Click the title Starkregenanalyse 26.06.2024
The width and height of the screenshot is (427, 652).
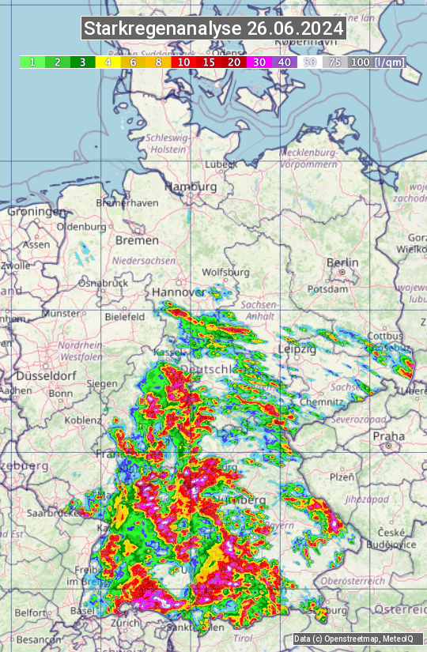(213, 29)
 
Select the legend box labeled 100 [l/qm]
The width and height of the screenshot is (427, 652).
(376, 62)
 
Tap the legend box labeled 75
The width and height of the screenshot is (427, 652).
(335, 62)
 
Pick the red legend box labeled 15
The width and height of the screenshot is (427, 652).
(209, 62)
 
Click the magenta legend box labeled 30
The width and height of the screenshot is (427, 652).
(259, 62)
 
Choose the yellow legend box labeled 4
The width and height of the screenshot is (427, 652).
(108, 62)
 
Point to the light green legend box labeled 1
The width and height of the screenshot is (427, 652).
(32, 62)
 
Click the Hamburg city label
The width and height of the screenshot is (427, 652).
(191, 187)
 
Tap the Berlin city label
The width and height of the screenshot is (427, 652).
(342, 263)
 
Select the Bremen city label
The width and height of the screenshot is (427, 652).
(137, 239)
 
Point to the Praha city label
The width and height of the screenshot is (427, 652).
(388, 435)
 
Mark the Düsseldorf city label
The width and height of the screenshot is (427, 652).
(33, 376)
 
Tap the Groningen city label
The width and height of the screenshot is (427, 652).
(36, 212)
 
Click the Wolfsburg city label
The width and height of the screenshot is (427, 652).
(225, 273)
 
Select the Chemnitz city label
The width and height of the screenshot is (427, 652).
(316, 402)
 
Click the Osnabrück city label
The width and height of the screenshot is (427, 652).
(103, 283)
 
